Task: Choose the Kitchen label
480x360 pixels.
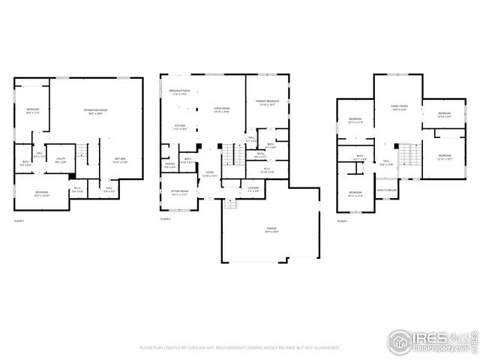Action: [x=179, y=127]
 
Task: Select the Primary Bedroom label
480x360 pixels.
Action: [x=267, y=103]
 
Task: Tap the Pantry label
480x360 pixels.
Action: [x=170, y=166]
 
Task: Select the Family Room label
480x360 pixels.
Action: [x=397, y=107]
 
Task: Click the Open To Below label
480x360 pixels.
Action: [x=387, y=190]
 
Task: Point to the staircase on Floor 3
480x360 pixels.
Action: [x=407, y=155]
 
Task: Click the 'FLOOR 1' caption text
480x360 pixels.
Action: [x=19, y=220]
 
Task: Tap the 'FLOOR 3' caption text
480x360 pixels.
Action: [x=342, y=221]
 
